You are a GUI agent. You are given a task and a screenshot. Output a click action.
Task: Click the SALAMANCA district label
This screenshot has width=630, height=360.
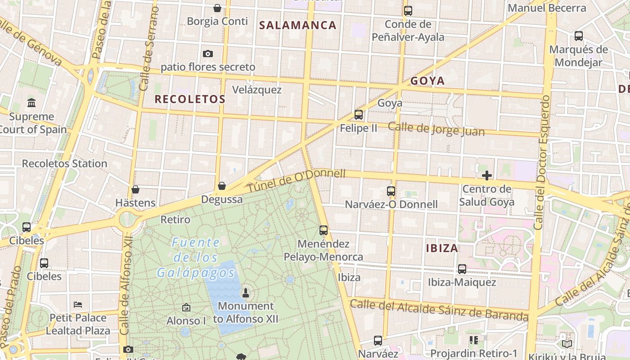(x=298, y=25)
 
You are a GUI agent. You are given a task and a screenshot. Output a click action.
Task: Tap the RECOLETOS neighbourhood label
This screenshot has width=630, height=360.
(x=190, y=99)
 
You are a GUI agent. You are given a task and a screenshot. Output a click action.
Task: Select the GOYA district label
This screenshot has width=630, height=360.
(x=427, y=81)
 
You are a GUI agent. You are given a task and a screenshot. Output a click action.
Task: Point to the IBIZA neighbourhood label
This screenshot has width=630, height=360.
(x=442, y=248)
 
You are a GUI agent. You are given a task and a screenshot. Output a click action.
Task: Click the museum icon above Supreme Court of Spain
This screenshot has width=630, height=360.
(x=31, y=103)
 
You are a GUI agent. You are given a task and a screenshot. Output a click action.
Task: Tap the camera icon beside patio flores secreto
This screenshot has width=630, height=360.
(x=207, y=54)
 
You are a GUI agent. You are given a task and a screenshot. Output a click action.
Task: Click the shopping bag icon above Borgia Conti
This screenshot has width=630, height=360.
(x=217, y=8)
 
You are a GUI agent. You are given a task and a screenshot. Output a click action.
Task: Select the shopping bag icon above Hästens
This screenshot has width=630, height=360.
(x=135, y=189)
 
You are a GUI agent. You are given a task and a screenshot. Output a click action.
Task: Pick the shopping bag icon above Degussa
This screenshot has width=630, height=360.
(x=222, y=186)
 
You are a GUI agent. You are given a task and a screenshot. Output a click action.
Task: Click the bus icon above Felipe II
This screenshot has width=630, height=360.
(x=359, y=115)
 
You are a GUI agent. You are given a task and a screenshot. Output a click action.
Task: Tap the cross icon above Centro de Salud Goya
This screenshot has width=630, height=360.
(x=486, y=175)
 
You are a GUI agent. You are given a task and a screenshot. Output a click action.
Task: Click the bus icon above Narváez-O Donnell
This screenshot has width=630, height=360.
(x=391, y=191)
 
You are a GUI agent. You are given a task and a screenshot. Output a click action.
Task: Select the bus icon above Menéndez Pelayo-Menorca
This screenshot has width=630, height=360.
(x=324, y=230)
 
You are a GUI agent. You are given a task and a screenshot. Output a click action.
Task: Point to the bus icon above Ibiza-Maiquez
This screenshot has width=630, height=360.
(x=462, y=269)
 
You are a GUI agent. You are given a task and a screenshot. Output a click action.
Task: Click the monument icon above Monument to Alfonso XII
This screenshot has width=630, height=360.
(x=246, y=293)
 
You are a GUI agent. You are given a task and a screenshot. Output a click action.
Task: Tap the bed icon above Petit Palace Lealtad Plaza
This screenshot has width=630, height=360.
(x=78, y=304)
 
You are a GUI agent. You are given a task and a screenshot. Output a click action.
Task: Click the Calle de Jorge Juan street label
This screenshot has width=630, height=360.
(x=436, y=129)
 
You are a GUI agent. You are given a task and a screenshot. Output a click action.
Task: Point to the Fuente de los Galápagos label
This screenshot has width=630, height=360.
(x=196, y=258)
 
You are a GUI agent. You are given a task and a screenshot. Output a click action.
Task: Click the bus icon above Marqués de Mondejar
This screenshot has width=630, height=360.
(x=579, y=36)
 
